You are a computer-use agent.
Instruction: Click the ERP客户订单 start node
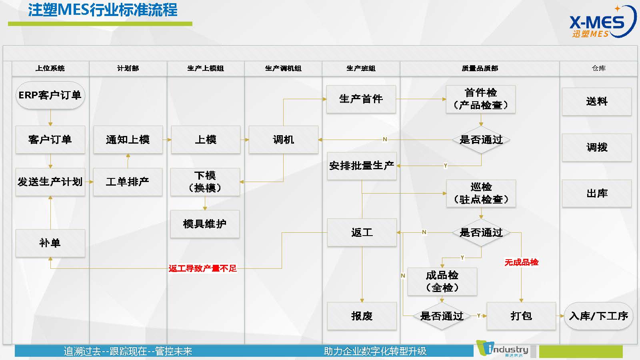[x=50, y=95]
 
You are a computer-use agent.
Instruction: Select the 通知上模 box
[x=128, y=140]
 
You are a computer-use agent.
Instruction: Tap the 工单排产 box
[x=128, y=182]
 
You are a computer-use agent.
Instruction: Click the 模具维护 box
[x=205, y=224]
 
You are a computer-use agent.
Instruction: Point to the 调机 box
[x=284, y=140]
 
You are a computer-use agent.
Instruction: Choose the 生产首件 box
[x=361, y=99]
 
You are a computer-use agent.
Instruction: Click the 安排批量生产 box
[x=362, y=166]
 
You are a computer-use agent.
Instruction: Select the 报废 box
[x=362, y=316]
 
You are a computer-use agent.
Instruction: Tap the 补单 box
[x=50, y=243]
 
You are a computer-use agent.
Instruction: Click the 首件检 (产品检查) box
[x=480, y=99]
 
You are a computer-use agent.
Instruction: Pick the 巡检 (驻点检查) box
[x=481, y=194]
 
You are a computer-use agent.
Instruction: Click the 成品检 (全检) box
[x=442, y=282]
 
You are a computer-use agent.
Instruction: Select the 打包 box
[x=521, y=316]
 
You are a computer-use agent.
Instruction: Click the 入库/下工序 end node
[x=598, y=316]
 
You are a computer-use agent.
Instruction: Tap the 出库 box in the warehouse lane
[x=596, y=194]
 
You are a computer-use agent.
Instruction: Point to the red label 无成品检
[x=522, y=262]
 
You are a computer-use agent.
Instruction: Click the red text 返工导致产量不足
[x=202, y=268]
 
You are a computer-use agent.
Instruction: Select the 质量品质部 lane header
[x=480, y=68]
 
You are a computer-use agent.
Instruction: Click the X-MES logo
[x=602, y=22]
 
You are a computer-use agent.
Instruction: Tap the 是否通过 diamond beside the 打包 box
[x=442, y=316]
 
